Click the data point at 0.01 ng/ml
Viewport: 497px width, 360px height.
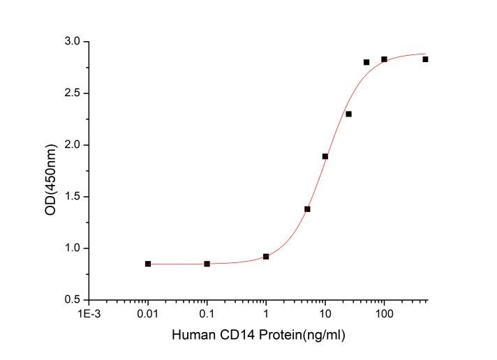pos(148,264)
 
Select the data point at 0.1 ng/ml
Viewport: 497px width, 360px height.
pos(207,264)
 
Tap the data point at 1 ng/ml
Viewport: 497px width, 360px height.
pos(266,257)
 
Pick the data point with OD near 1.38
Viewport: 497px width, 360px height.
pos(307,209)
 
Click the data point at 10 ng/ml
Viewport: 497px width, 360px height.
pos(325,156)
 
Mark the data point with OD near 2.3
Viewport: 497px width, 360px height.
pos(348,114)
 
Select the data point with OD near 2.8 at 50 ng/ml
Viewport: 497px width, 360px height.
pos(366,62)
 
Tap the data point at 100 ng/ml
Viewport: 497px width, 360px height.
pos(384,59)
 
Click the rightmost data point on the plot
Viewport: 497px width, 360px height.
pos(425,59)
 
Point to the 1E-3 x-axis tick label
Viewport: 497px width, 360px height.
pos(89,314)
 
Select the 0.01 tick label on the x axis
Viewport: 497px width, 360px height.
pos(148,314)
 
